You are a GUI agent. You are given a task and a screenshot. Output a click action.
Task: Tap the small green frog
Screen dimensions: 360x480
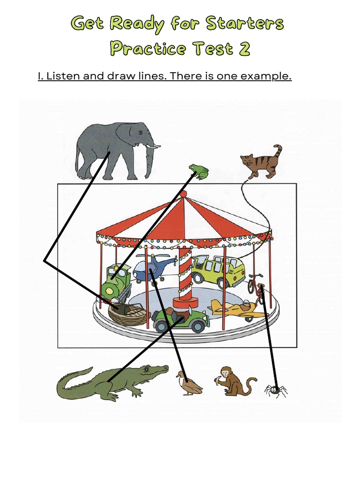(x=199, y=172)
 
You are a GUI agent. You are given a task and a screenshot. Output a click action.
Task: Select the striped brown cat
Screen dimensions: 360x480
(x=262, y=162)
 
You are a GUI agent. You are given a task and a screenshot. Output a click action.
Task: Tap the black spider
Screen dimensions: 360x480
(x=276, y=390)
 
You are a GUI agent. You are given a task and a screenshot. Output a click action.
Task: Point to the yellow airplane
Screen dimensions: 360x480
(x=236, y=309)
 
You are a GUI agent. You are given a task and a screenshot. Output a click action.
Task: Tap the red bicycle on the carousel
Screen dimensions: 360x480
(x=255, y=287)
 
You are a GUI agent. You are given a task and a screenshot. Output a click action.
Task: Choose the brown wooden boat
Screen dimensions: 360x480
(x=127, y=314)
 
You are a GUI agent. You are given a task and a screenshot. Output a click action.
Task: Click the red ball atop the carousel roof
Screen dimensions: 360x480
(x=183, y=194)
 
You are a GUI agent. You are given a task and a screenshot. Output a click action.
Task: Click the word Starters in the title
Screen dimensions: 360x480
(x=245, y=23)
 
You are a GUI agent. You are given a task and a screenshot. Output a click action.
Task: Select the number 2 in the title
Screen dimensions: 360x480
(x=244, y=48)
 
